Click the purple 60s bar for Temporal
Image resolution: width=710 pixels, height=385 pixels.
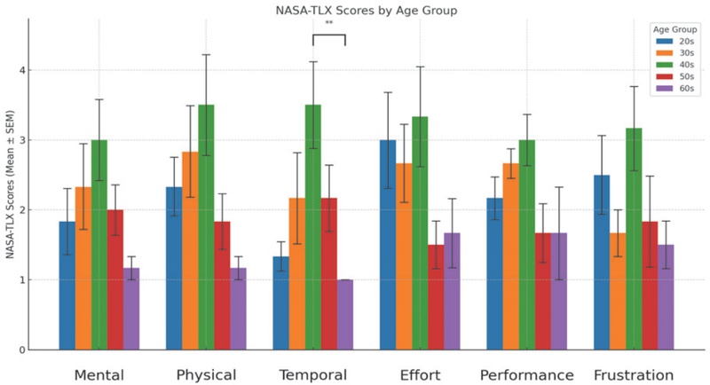[x=344, y=315]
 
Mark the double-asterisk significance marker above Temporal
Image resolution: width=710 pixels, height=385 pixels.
[x=328, y=24]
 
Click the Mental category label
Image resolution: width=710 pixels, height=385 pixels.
[x=99, y=374]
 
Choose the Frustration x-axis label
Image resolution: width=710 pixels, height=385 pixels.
[x=634, y=374]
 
